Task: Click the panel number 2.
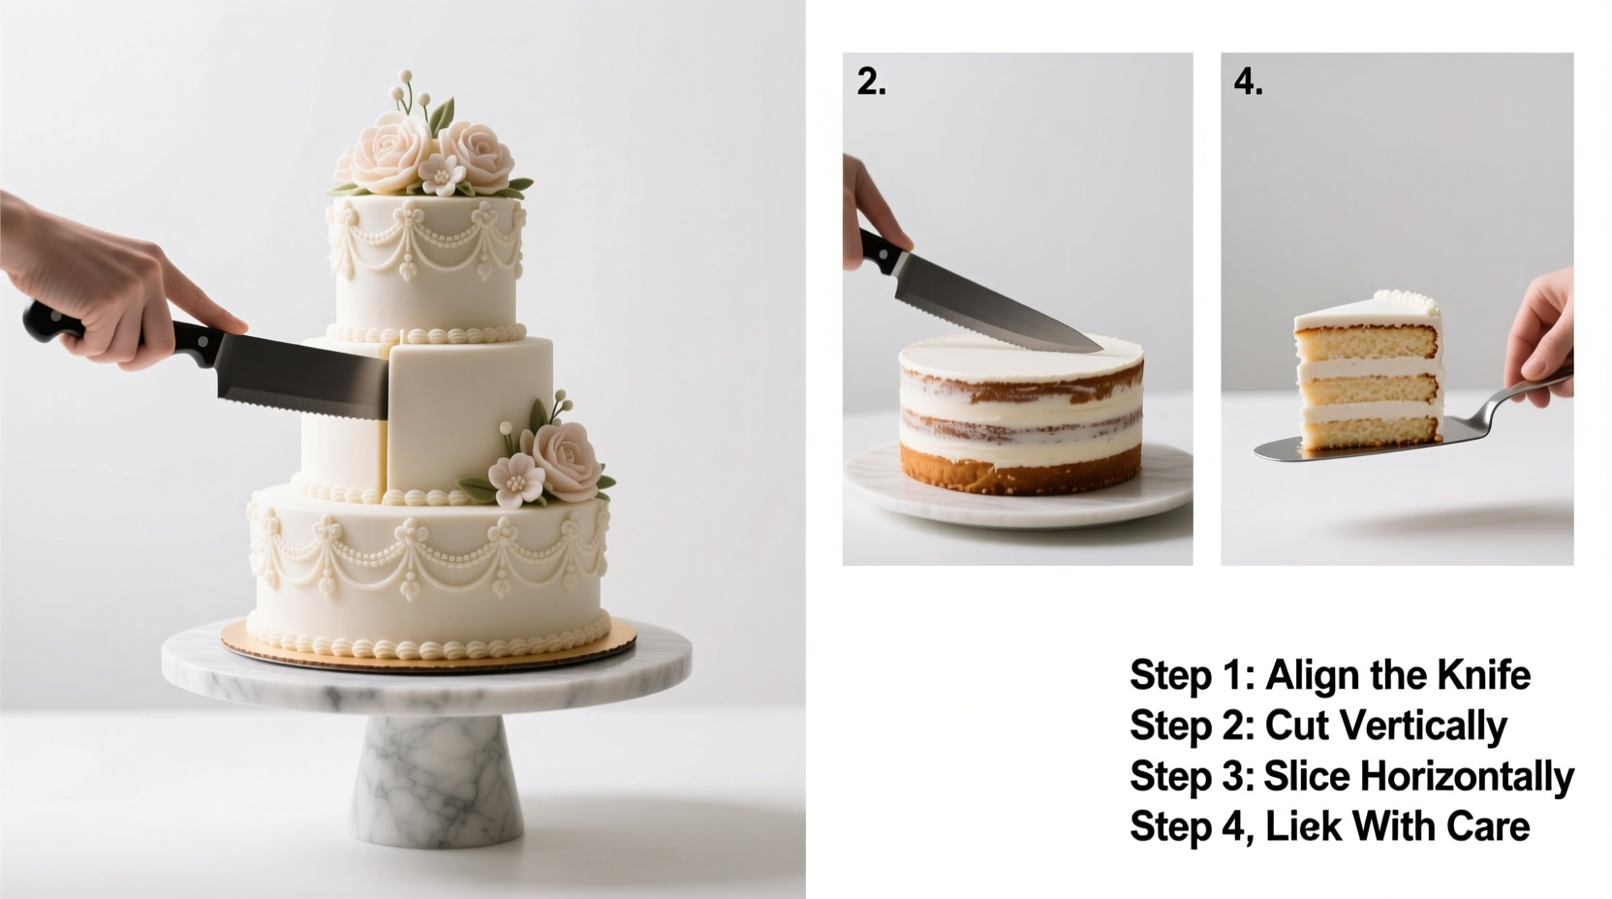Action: coord(871,83)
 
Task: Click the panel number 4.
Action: coord(1248,83)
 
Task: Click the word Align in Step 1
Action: coord(1312,674)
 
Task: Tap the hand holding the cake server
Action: coord(1546,325)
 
